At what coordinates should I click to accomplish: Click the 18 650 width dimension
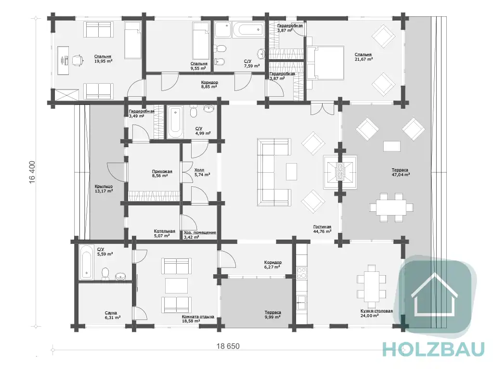pos(228,346)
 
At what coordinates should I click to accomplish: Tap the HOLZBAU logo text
pos(434,350)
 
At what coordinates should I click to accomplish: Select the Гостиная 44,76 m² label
pos(322,229)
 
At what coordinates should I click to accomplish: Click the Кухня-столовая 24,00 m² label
pos(376,313)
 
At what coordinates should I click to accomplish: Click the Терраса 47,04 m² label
pos(400,172)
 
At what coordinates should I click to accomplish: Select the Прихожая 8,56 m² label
pos(162,174)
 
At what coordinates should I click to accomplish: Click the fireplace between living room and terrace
pos(340,172)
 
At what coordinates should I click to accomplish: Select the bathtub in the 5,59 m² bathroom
pos(86,262)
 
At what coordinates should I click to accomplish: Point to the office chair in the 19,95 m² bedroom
pos(77,60)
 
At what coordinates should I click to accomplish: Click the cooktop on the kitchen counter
pos(302,272)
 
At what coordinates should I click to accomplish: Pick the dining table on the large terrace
pos(391,208)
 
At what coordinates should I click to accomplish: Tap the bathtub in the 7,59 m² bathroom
pos(248,30)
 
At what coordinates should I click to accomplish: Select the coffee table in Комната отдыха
pos(176,286)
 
